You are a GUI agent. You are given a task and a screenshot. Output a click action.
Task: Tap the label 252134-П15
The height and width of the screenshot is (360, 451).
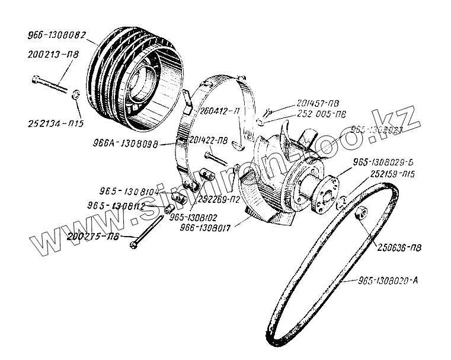[56, 124]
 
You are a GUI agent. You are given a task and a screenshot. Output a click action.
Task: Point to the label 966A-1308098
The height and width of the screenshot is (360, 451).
[125, 144]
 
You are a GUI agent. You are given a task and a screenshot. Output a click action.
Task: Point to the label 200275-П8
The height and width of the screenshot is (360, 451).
[93, 236]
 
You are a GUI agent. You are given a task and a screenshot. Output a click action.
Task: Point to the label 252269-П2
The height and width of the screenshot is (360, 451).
[220, 199]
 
